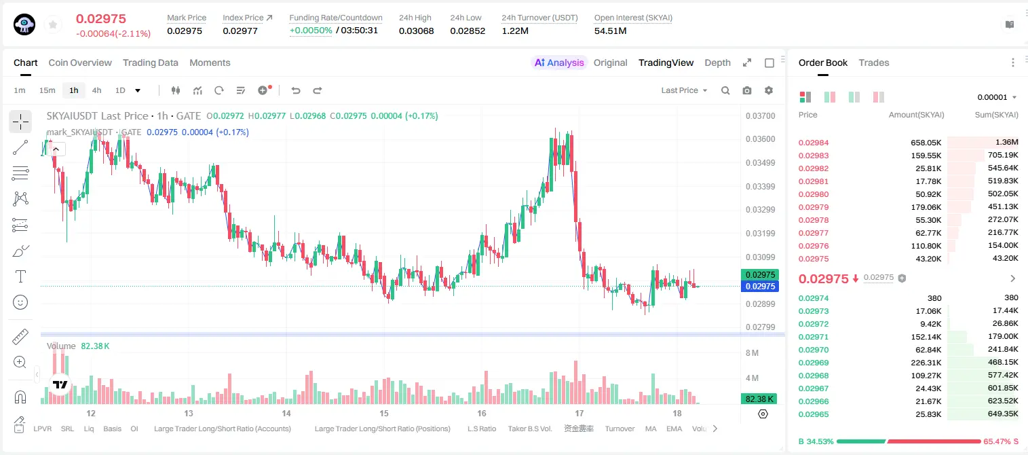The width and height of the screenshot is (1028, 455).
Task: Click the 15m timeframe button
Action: (x=47, y=90)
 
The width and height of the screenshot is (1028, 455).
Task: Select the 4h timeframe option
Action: (x=96, y=90)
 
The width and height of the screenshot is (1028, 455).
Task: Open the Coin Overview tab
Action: (x=80, y=62)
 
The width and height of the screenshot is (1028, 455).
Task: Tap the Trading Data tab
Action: (x=151, y=62)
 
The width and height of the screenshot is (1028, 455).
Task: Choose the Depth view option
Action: (x=717, y=62)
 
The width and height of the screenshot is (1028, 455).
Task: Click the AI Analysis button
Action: (x=559, y=62)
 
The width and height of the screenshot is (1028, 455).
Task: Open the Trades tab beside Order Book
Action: (x=874, y=62)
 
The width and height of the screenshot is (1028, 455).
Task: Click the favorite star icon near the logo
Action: (x=53, y=24)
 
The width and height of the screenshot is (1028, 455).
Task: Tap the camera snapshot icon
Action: (x=747, y=90)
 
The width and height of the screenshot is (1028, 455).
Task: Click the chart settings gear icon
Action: (x=769, y=90)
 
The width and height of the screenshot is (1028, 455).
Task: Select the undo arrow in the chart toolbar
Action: (x=296, y=90)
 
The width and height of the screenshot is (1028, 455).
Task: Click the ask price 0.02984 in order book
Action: (x=814, y=143)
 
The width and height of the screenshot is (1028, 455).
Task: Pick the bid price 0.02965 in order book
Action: (x=814, y=414)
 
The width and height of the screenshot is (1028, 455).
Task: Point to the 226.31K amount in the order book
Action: (x=926, y=363)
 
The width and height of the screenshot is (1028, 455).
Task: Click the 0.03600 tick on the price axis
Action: (x=761, y=139)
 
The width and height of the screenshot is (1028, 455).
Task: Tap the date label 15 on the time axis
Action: (x=384, y=414)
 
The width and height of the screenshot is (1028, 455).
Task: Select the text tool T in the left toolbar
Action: (x=20, y=277)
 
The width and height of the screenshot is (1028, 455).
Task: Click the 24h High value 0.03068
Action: (x=416, y=31)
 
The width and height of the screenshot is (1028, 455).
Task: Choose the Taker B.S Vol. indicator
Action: (x=529, y=429)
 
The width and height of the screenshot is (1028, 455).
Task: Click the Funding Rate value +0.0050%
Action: (x=311, y=31)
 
